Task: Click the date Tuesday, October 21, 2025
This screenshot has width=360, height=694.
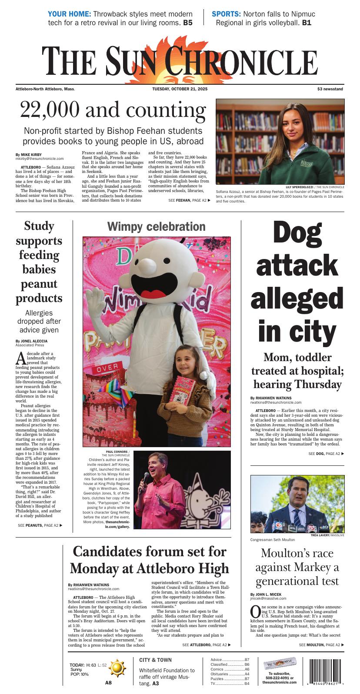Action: [x=180, y=89]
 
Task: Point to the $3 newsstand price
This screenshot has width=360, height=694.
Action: [x=330, y=89]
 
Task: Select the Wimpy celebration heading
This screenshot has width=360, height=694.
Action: [x=156, y=227]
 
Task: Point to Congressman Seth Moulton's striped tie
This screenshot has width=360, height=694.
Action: [x=297, y=518]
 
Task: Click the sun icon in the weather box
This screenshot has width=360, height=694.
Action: [x=117, y=667]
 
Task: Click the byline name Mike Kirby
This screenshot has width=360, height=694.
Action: [x=32, y=155]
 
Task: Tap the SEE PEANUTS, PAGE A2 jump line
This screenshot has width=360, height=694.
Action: [x=40, y=525]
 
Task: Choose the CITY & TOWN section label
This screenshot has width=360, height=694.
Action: [x=155, y=660]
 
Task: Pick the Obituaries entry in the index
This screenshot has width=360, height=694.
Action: [x=219, y=674]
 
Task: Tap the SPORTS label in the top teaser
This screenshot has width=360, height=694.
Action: [x=226, y=14]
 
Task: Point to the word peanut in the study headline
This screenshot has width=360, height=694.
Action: [x=39, y=284]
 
